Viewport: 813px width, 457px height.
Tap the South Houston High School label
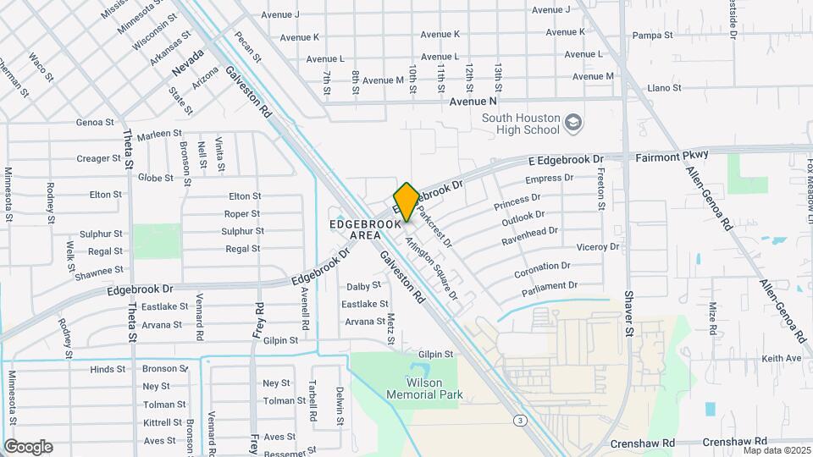[x=521, y=124]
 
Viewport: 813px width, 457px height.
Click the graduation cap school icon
[x=574, y=124]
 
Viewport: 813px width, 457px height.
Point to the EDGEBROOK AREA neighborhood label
[x=365, y=229]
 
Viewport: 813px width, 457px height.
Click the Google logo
[x=28, y=447]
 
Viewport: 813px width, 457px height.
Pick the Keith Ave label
[x=781, y=358]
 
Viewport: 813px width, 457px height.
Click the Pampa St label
[x=652, y=36]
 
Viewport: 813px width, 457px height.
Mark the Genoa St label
[x=94, y=122]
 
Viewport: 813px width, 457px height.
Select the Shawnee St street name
[x=99, y=271]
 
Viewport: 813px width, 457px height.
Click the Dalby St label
[x=364, y=287]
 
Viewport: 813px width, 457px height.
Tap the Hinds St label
[x=108, y=369]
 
